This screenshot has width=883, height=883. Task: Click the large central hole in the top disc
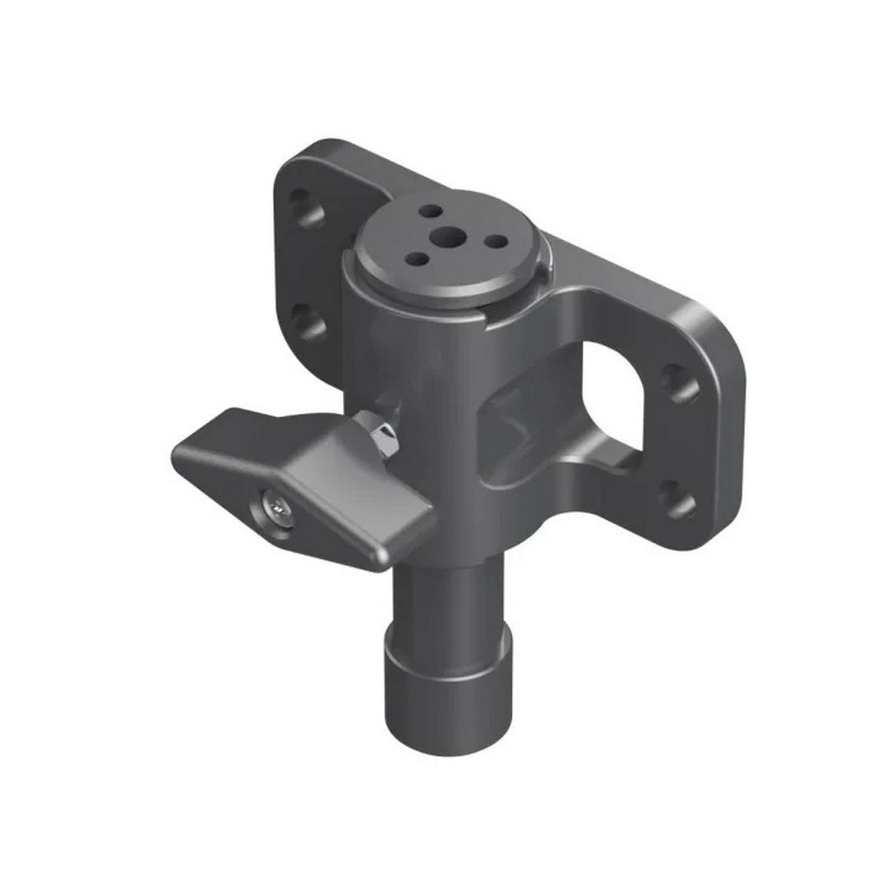(445, 236)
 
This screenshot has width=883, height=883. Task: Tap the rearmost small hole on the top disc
(432, 210)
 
